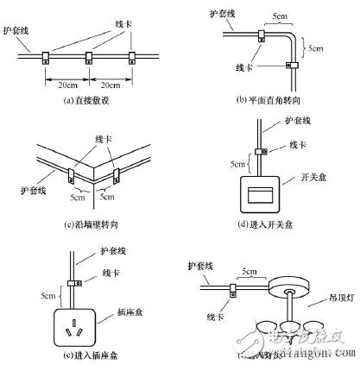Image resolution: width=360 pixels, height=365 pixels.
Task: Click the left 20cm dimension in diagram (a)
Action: coord(66,86)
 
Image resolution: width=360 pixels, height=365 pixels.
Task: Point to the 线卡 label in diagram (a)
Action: coord(111,22)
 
